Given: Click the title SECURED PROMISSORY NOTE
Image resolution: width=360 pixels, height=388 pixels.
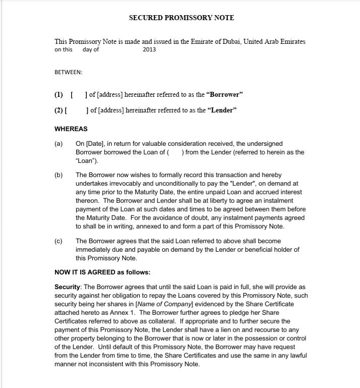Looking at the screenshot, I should click(181, 18).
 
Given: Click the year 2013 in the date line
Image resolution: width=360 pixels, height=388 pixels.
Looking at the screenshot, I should click(149, 49).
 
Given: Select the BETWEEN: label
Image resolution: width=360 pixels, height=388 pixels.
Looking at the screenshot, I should click(68, 72).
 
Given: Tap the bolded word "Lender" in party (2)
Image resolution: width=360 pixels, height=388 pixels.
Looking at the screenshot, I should click(221, 110).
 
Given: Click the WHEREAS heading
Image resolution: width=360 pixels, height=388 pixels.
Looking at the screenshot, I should click(71, 129).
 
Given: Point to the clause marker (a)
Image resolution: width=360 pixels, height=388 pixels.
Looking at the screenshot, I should click(59, 144).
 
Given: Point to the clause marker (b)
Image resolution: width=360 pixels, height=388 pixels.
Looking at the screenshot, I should click(59, 175).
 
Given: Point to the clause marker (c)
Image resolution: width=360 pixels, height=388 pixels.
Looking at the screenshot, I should click(59, 241).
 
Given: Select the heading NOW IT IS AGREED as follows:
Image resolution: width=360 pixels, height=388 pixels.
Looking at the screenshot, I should click(102, 272).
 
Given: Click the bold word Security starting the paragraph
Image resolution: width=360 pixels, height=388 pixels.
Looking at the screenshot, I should click(67, 287).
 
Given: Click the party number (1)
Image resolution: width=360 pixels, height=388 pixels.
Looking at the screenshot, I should click(59, 94).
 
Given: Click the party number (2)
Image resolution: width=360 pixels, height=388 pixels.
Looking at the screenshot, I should click(59, 110).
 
